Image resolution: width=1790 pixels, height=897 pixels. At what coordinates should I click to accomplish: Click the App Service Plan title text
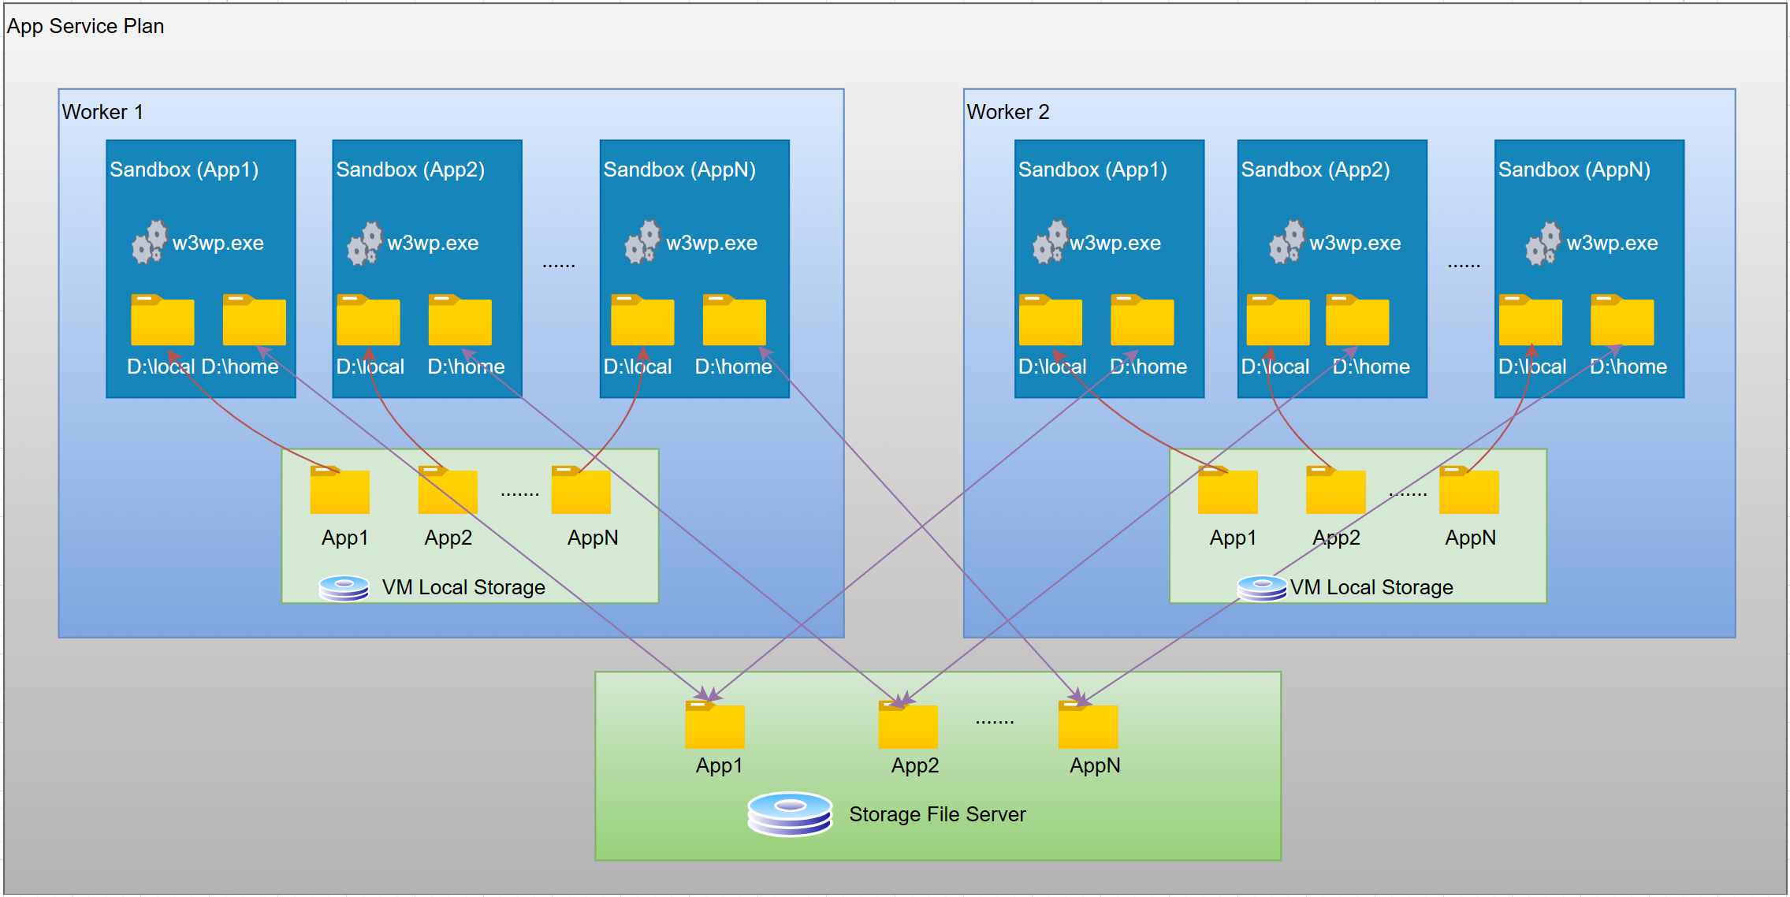click(x=85, y=26)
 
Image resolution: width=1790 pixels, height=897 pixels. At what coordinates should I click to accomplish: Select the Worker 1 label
click(x=102, y=112)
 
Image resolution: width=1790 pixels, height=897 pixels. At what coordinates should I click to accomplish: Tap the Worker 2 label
click(x=1007, y=112)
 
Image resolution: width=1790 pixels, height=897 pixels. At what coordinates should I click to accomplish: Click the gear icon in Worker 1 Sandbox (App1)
click(x=149, y=242)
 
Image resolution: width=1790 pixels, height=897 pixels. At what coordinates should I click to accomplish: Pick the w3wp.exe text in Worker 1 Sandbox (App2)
click(x=433, y=243)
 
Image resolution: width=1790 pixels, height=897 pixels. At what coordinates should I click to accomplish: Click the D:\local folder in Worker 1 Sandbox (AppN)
click(x=642, y=321)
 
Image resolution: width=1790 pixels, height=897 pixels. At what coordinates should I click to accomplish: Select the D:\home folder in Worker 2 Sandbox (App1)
click(x=1141, y=321)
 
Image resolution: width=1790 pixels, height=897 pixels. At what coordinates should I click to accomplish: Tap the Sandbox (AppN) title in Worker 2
click(x=1573, y=169)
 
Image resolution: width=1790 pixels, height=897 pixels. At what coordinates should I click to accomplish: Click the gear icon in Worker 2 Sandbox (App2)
click(x=1286, y=242)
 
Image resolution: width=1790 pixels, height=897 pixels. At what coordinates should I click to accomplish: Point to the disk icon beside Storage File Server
click(x=789, y=813)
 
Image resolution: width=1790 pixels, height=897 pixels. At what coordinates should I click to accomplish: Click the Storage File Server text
click(x=936, y=814)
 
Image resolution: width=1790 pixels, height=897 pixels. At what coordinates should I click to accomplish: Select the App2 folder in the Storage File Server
click(x=907, y=726)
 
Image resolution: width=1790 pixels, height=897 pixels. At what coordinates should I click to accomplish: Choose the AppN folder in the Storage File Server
click(x=1087, y=726)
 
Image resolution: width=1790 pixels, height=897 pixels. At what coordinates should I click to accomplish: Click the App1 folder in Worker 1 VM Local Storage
click(x=339, y=491)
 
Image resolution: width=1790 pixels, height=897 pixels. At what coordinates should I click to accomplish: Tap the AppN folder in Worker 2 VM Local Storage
click(x=1468, y=491)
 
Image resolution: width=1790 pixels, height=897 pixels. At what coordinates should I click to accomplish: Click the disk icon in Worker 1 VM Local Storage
click(x=344, y=587)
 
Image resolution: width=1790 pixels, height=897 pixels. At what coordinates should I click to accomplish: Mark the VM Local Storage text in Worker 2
click(x=1371, y=587)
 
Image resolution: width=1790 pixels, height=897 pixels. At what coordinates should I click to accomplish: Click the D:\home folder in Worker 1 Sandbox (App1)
click(x=254, y=321)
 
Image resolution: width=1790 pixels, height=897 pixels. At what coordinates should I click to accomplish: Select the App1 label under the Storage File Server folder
click(x=718, y=765)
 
